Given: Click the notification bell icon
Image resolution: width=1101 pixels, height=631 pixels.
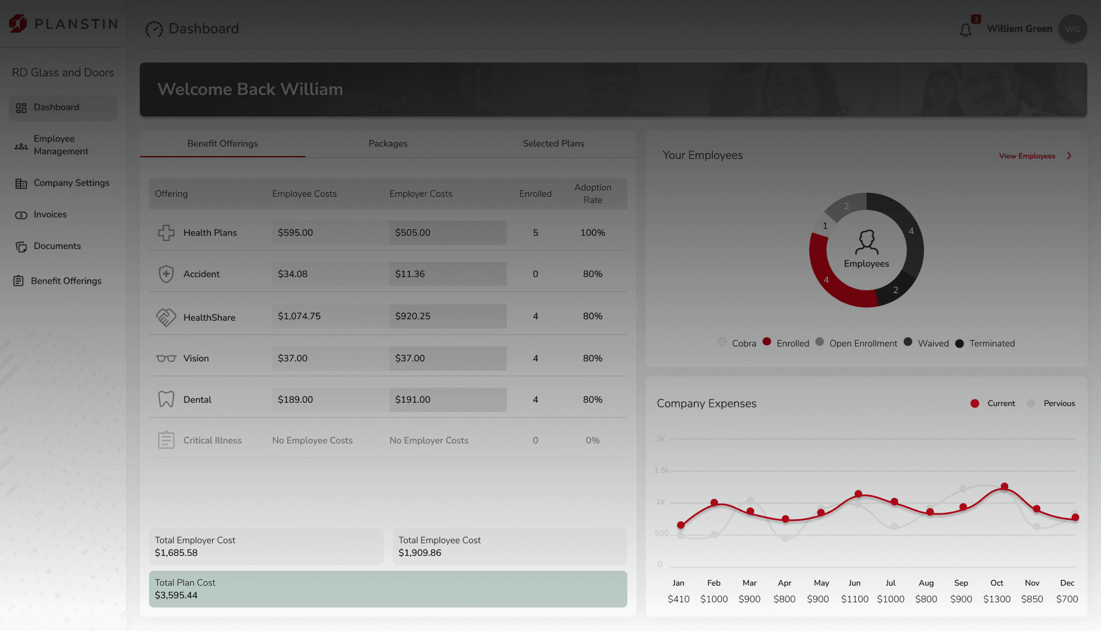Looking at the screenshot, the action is click(x=966, y=30).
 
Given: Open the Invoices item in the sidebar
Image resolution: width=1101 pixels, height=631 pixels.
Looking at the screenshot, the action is click(x=50, y=215).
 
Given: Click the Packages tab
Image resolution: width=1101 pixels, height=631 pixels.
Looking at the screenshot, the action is click(x=388, y=143).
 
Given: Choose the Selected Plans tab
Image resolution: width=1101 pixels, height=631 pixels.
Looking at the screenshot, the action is click(x=553, y=143).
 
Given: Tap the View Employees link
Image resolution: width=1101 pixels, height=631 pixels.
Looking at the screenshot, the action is click(x=1027, y=156).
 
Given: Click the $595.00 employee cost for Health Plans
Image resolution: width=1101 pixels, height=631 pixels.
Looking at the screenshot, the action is click(x=295, y=233).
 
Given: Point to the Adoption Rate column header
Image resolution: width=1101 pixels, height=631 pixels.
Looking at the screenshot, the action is click(x=592, y=194).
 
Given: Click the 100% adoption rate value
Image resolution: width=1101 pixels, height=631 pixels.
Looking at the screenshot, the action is click(x=592, y=233).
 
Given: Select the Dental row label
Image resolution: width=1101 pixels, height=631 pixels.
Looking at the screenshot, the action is click(x=197, y=400).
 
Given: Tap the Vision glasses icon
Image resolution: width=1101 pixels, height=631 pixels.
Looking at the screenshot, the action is click(x=166, y=359).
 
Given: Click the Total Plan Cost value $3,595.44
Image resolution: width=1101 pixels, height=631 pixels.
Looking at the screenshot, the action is click(x=176, y=595).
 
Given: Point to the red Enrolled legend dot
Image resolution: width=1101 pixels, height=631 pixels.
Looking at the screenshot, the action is click(x=767, y=342).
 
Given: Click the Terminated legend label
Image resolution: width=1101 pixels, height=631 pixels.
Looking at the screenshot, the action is click(x=992, y=344).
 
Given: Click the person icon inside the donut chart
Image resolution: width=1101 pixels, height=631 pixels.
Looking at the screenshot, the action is click(x=866, y=242).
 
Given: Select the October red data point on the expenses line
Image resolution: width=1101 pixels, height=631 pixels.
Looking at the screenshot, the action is click(x=1004, y=486).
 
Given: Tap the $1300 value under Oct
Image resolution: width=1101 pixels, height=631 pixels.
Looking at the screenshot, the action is click(x=997, y=599).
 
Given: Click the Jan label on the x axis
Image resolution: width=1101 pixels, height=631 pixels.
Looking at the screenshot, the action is click(x=678, y=583).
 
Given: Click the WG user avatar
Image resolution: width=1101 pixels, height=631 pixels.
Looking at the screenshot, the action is click(x=1072, y=29).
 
